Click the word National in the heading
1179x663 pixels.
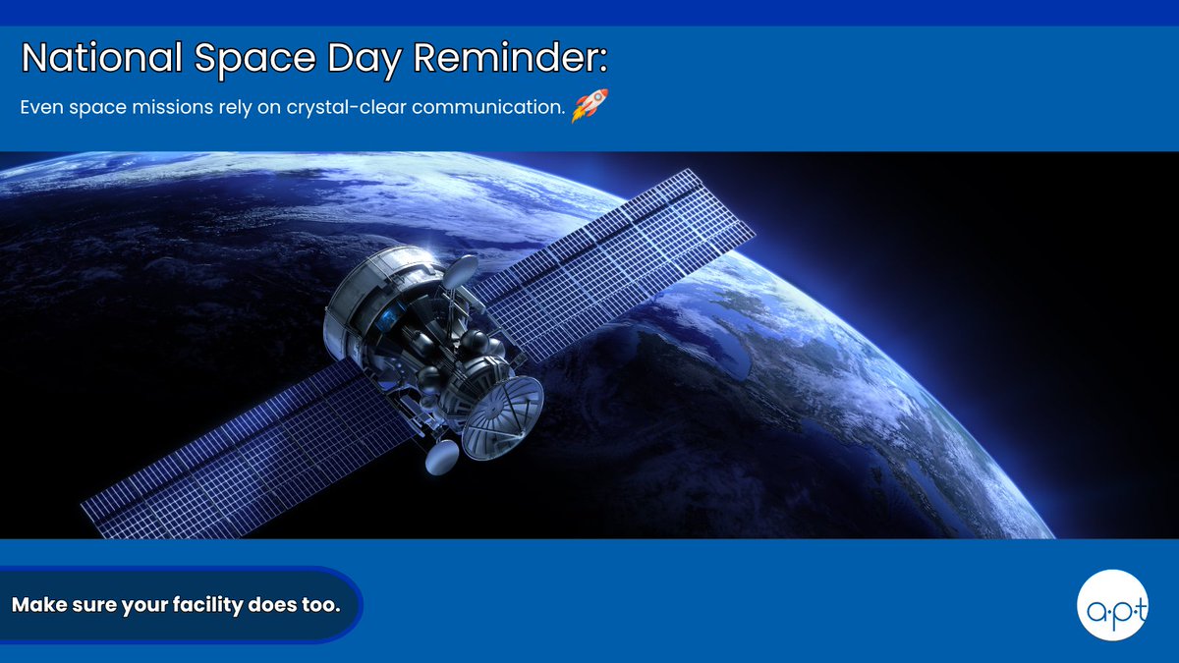coord(102,57)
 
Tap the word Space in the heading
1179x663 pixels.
coord(255,60)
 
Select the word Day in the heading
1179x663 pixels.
coord(365,60)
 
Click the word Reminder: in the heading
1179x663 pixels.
coord(510,57)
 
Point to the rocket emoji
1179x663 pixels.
coord(589,106)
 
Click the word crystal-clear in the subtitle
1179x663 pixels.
coord(346,107)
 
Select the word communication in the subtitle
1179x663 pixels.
coord(487,107)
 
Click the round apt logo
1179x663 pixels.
coord(1112,605)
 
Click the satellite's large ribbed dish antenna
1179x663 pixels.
coord(502,418)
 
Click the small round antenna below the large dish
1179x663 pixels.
coord(441,457)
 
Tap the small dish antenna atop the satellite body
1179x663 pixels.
coord(461,271)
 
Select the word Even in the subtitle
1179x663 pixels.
coord(41,107)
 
